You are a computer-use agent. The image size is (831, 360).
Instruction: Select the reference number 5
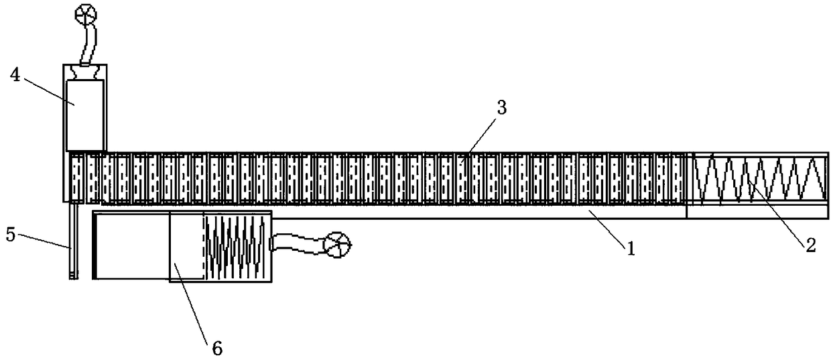point(9,235)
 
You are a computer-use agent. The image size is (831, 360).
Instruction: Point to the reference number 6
point(215,348)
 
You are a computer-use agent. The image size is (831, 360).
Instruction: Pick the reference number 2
point(810,245)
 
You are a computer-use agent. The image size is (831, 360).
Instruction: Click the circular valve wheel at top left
point(86,13)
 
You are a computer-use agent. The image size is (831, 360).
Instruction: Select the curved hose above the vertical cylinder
point(88,44)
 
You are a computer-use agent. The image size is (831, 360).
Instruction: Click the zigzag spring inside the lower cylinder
point(235,245)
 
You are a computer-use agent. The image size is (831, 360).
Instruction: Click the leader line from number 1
point(606,228)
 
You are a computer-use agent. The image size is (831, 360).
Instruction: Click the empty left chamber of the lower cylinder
point(131,245)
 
